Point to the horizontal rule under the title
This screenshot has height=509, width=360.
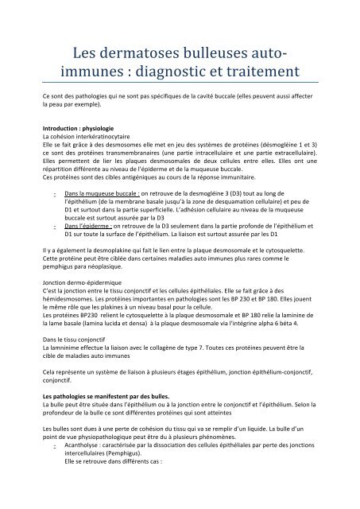[180, 85]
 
